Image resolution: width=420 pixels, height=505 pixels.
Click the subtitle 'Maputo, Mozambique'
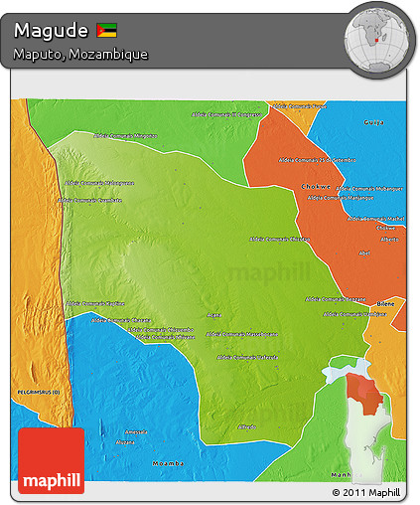point(81,54)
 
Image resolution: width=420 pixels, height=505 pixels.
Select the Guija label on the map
point(373,122)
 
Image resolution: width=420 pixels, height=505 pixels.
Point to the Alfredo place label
point(247,426)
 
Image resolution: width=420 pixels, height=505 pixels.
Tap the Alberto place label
point(389,239)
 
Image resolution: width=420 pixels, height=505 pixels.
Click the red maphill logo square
point(51,460)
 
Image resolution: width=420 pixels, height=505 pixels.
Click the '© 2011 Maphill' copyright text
point(367,492)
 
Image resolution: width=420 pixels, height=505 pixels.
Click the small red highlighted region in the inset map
point(368,393)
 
